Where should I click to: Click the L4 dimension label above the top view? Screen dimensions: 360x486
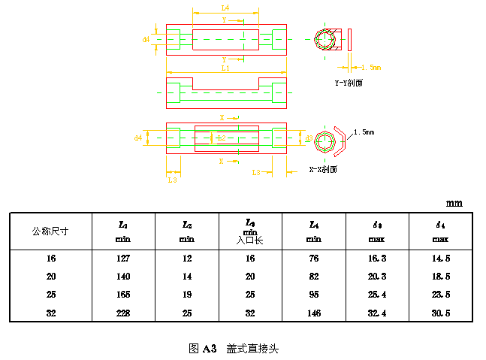coord(225,8)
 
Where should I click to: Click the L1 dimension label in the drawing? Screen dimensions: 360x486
coord(225,68)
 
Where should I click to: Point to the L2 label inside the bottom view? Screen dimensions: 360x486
coord(221,138)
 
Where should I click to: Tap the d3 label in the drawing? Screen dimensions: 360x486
coord(309,138)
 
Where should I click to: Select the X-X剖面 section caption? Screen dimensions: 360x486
coord(323,169)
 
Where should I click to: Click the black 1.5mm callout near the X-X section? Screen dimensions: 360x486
coord(363,132)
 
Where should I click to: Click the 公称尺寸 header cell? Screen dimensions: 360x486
coord(50,231)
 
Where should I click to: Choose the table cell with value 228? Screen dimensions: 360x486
coord(123,311)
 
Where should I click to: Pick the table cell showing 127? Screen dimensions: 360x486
coord(123,259)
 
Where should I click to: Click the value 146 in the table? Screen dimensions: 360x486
coord(314,311)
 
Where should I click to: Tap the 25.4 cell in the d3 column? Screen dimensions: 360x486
coord(377,293)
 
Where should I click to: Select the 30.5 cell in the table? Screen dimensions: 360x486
coord(440,311)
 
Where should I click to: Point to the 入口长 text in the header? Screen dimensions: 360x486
coord(250,241)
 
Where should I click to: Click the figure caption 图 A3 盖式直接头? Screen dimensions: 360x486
coord(234,349)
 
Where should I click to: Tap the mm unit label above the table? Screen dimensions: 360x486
coord(454,203)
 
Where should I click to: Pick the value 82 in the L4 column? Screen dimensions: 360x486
coord(314,276)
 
